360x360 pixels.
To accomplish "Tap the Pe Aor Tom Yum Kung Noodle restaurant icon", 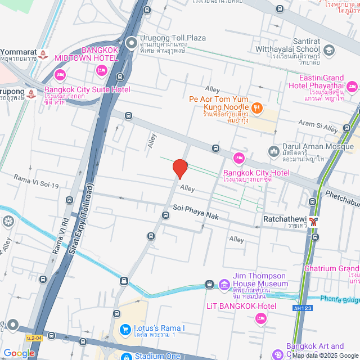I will pos(256,107).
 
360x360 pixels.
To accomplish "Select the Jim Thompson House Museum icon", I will pos(224,284).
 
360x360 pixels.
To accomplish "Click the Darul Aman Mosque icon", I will pos(274,151).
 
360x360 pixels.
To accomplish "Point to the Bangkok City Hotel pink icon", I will pos(238,157).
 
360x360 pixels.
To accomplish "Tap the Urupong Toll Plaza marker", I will pos(131,42).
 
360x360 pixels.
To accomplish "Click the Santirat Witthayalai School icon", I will pos(329,51).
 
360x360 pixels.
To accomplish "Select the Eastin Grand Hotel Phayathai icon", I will pos(352,86).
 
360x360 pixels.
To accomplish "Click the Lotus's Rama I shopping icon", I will pos(126,328).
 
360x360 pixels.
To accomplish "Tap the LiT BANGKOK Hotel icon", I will pos(260,319).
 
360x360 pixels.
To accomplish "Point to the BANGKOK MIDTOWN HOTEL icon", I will pos(101,70).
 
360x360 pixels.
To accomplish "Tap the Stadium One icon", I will pos(126,356).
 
